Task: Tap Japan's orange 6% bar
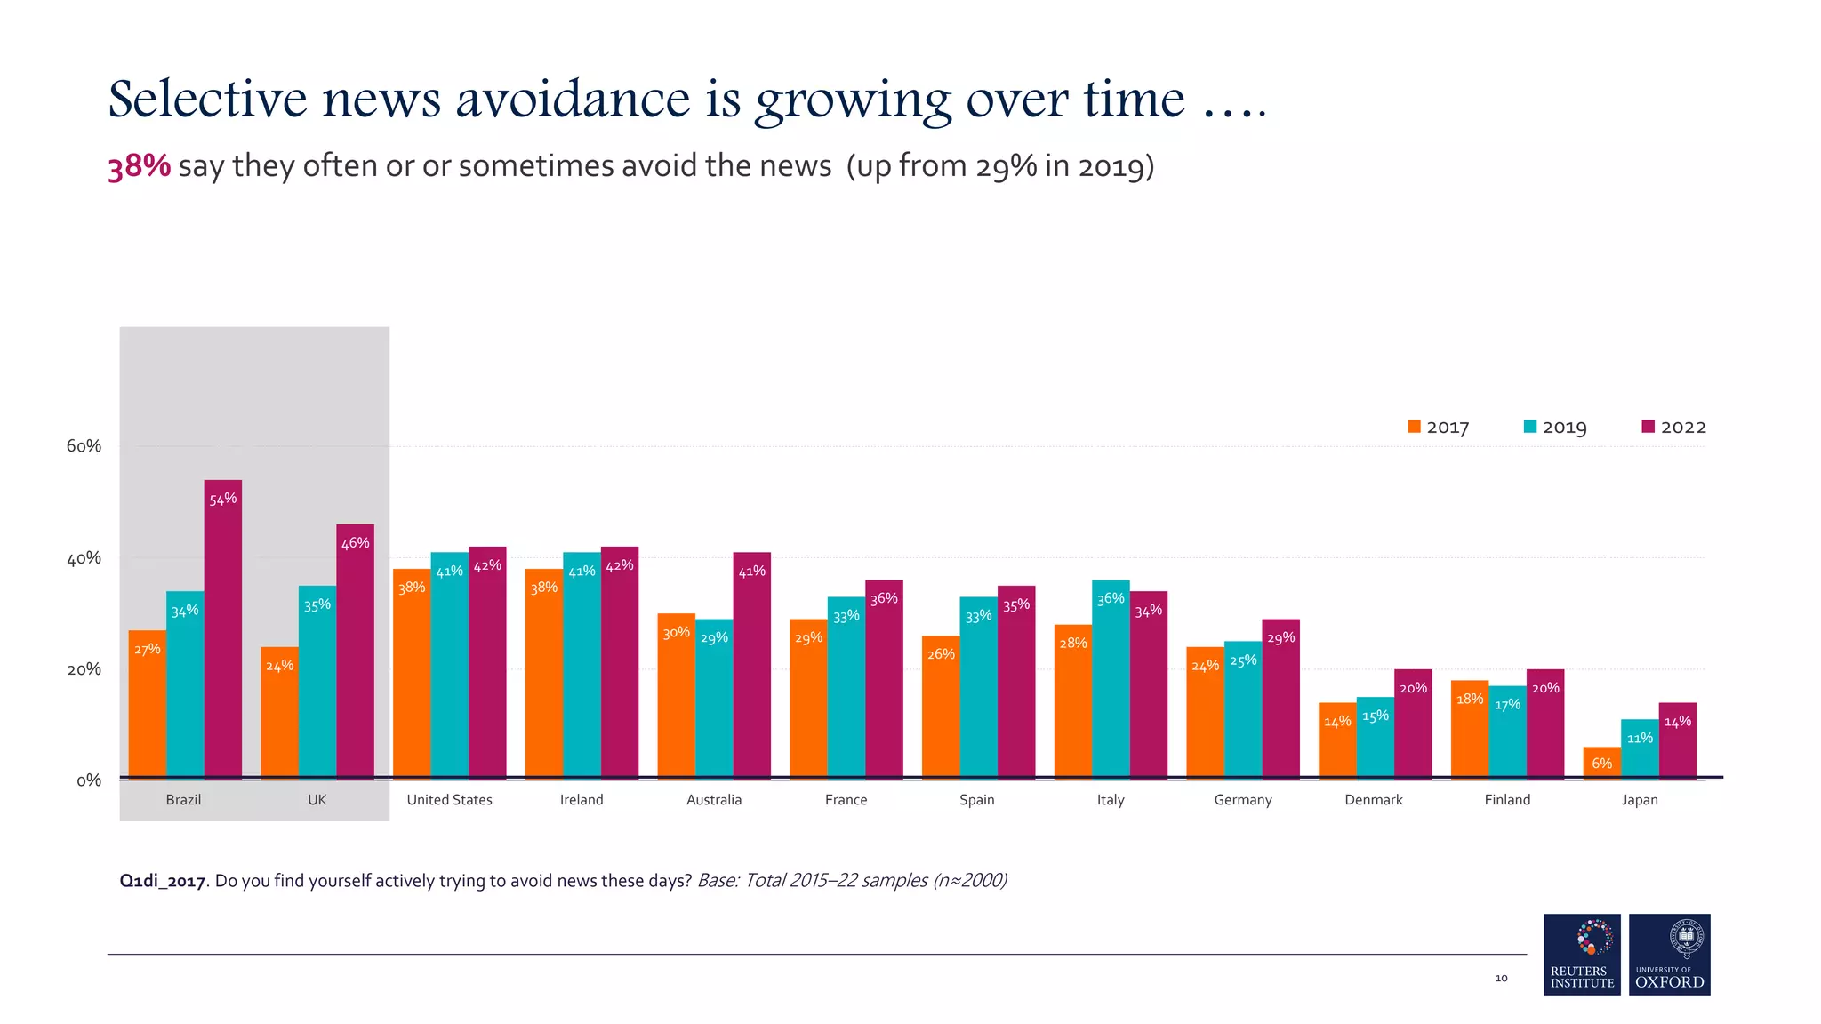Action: pyautogui.click(x=1601, y=764)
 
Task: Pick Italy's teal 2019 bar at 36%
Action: pyautogui.click(x=1111, y=680)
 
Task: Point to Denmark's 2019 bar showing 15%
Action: pyautogui.click(x=1375, y=738)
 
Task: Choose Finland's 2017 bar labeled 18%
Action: pyautogui.click(x=1469, y=730)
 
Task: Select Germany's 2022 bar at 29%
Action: pyautogui.click(x=1280, y=699)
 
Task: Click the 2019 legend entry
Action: pyautogui.click(x=1555, y=427)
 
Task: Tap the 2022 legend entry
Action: pyautogui.click(x=1673, y=427)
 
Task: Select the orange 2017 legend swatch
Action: pyautogui.click(x=1414, y=427)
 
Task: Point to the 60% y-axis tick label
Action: pyautogui.click(x=84, y=446)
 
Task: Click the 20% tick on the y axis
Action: pyautogui.click(x=84, y=669)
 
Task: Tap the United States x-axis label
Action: pyautogui.click(x=449, y=800)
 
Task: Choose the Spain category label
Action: pyautogui.click(x=976, y=800)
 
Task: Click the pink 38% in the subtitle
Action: pyautogui.click(x=139, y=166)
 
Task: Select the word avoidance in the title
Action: pyautogui.click(x=574, y=99)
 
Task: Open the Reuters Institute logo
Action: pyautogui.click(x=1582, y=954)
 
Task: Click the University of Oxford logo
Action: pyautogui.click(x=1669, y=954)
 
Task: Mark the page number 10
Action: pyautogui.click(x=1501, y=978)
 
